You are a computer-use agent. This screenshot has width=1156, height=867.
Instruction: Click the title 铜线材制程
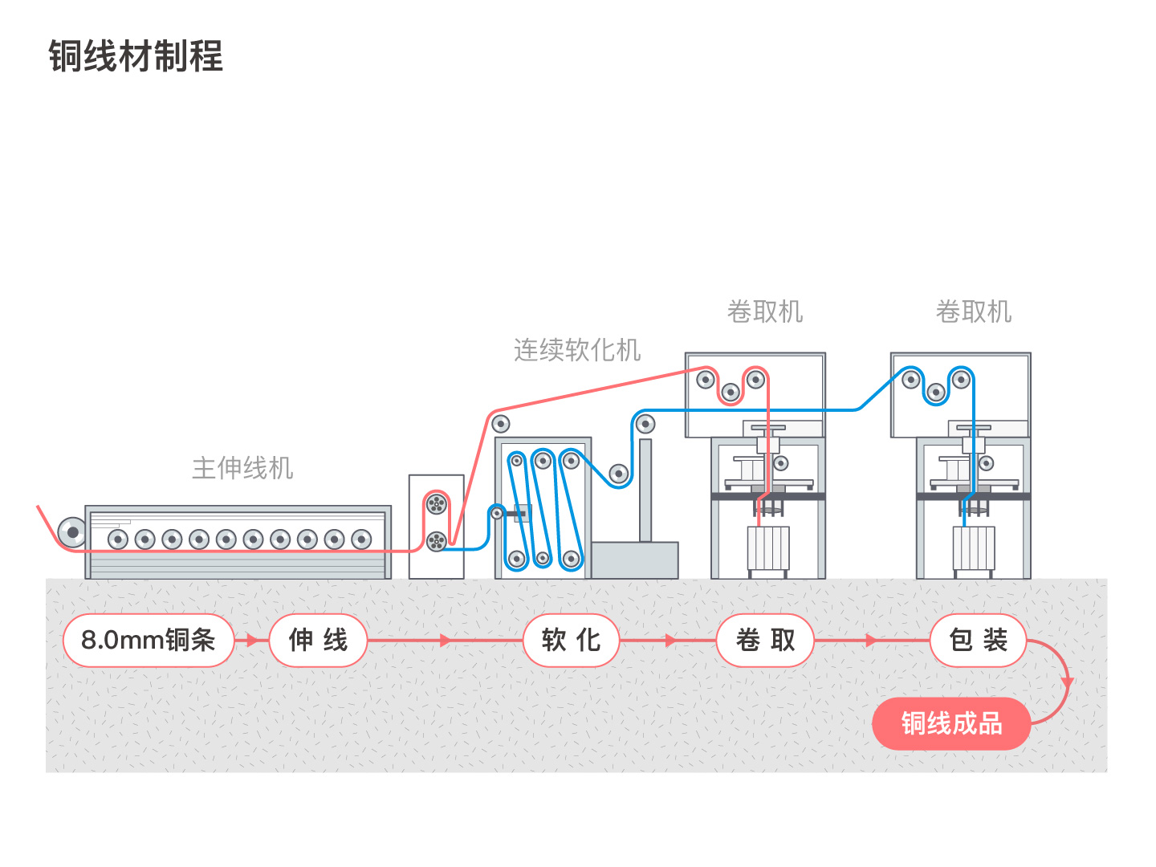136,56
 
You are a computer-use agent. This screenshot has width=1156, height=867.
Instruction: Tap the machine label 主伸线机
242,468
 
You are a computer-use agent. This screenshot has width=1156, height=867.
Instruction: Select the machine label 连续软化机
577,350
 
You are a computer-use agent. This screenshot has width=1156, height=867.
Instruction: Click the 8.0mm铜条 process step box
149,640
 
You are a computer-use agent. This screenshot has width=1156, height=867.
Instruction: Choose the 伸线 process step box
318,640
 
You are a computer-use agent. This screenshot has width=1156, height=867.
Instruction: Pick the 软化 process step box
571,640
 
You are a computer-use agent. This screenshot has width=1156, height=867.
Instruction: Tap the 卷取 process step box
765,640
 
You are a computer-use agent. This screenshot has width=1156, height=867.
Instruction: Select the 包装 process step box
978,640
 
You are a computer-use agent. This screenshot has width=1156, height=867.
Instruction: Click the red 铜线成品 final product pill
951,723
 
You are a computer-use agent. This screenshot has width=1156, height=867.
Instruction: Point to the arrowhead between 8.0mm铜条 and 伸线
252,640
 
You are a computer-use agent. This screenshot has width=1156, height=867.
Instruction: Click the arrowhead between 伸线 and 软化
445,640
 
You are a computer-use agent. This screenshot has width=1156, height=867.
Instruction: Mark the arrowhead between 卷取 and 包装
871,640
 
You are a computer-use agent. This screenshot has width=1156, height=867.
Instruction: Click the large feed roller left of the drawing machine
72,532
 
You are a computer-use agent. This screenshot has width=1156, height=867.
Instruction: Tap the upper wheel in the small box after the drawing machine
437,504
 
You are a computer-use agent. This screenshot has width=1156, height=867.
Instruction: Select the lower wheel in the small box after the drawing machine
437,541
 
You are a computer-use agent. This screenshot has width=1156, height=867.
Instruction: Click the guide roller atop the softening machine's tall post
645,423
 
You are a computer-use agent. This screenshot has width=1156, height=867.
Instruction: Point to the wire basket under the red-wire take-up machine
768,548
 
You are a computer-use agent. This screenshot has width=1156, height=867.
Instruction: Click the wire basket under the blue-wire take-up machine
973,548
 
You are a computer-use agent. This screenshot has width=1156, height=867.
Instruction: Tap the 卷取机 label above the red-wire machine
765,311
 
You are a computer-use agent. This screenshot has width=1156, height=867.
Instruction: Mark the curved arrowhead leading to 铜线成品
1068,683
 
